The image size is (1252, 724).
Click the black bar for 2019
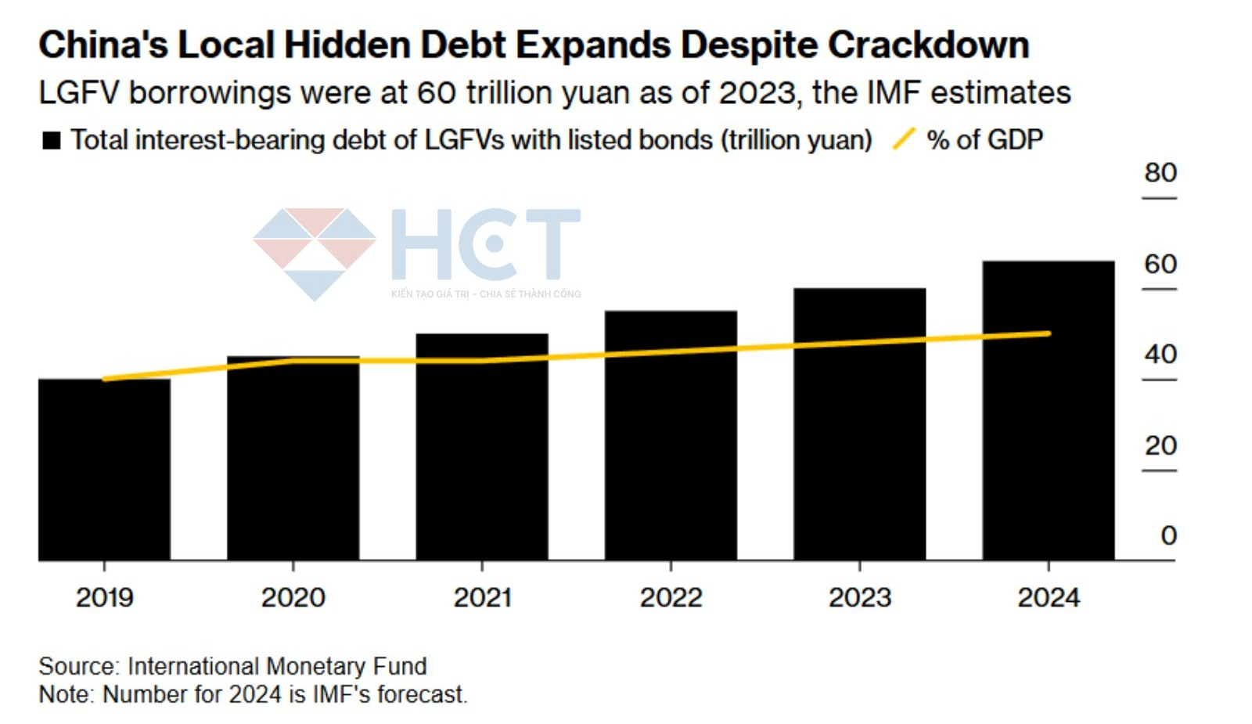pyautogui.click(x=104, y=470)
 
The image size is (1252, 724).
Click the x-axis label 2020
pyautogui.click(x=293, y=598)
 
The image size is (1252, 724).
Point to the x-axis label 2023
pyautogui.click(x=859, y=598)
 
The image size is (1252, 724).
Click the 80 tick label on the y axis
pyautogui.click(x=1160, y=173)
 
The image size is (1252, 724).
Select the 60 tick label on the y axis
pyautogui.click(x=1160, y=265)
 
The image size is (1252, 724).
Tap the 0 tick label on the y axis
pyautogui.click(x=1168, y=535)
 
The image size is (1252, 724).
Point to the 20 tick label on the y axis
pyautogui.click(x=1160, y=445)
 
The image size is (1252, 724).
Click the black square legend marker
pyautogui.click(x=52, y=141)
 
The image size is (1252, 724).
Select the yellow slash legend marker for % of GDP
pyautogui.click(x=904, y=139)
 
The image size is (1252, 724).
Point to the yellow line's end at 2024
pyautogui.click(x=1048, y=333)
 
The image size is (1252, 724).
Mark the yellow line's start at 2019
pyautogui.click(x=105, y=379)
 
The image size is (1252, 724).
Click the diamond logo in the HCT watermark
pyautogui.click(x=315, y=252)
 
